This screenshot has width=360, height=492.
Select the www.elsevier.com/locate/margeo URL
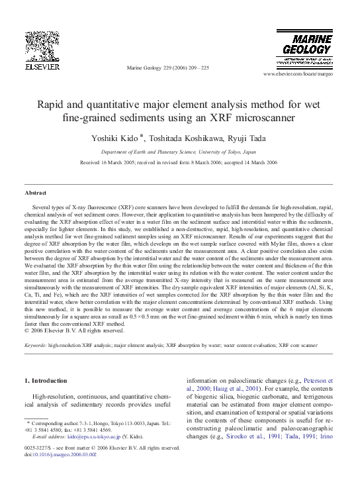[306, 74]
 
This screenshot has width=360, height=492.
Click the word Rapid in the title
[51, 105]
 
